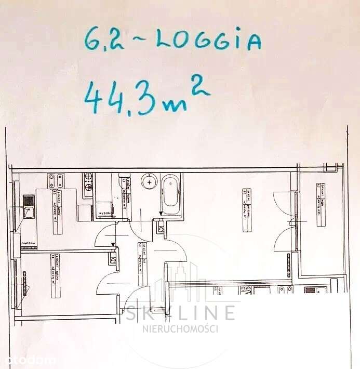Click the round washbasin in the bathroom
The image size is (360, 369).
(x=149, y=182)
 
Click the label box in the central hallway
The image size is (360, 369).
(x=141, y=258)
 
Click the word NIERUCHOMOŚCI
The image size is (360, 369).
(x=180, y=328)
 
